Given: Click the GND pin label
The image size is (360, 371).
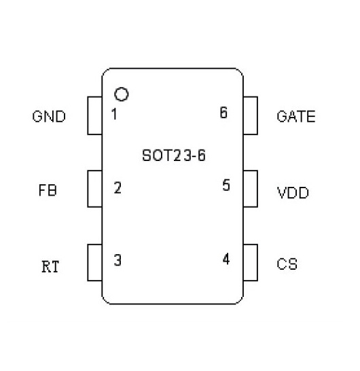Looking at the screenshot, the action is [49, 116].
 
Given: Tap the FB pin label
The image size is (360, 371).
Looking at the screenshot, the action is [48, 190].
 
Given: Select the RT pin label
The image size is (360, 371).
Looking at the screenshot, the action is [50, 266].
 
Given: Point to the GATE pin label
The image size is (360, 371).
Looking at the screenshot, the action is [296, 116].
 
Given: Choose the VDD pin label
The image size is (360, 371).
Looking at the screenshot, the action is [293, 192].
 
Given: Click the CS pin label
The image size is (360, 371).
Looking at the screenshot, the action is [287, 264].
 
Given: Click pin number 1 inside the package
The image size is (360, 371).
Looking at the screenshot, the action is [114, 113].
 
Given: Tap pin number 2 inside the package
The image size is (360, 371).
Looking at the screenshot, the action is [118, 188].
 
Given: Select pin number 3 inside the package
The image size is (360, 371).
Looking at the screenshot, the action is [118, 260].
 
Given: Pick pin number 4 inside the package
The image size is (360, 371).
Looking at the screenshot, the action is [226, 259].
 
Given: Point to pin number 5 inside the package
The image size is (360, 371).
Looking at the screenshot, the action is [226, 185].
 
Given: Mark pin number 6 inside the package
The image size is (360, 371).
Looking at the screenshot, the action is [223, 112].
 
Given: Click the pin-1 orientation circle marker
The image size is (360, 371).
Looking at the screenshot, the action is [122, 88].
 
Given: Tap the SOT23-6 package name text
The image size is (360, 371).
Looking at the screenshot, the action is [174, 156].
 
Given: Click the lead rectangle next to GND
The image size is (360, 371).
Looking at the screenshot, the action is [88, 116].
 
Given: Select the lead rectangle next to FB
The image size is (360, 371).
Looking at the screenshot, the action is [88, 189].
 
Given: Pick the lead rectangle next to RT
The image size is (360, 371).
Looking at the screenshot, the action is [88, 263].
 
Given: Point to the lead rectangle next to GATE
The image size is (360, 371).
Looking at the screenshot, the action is [257, 116].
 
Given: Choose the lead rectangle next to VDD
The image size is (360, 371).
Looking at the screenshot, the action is [257, 189].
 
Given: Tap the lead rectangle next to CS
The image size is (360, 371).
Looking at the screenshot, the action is [257, 263].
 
